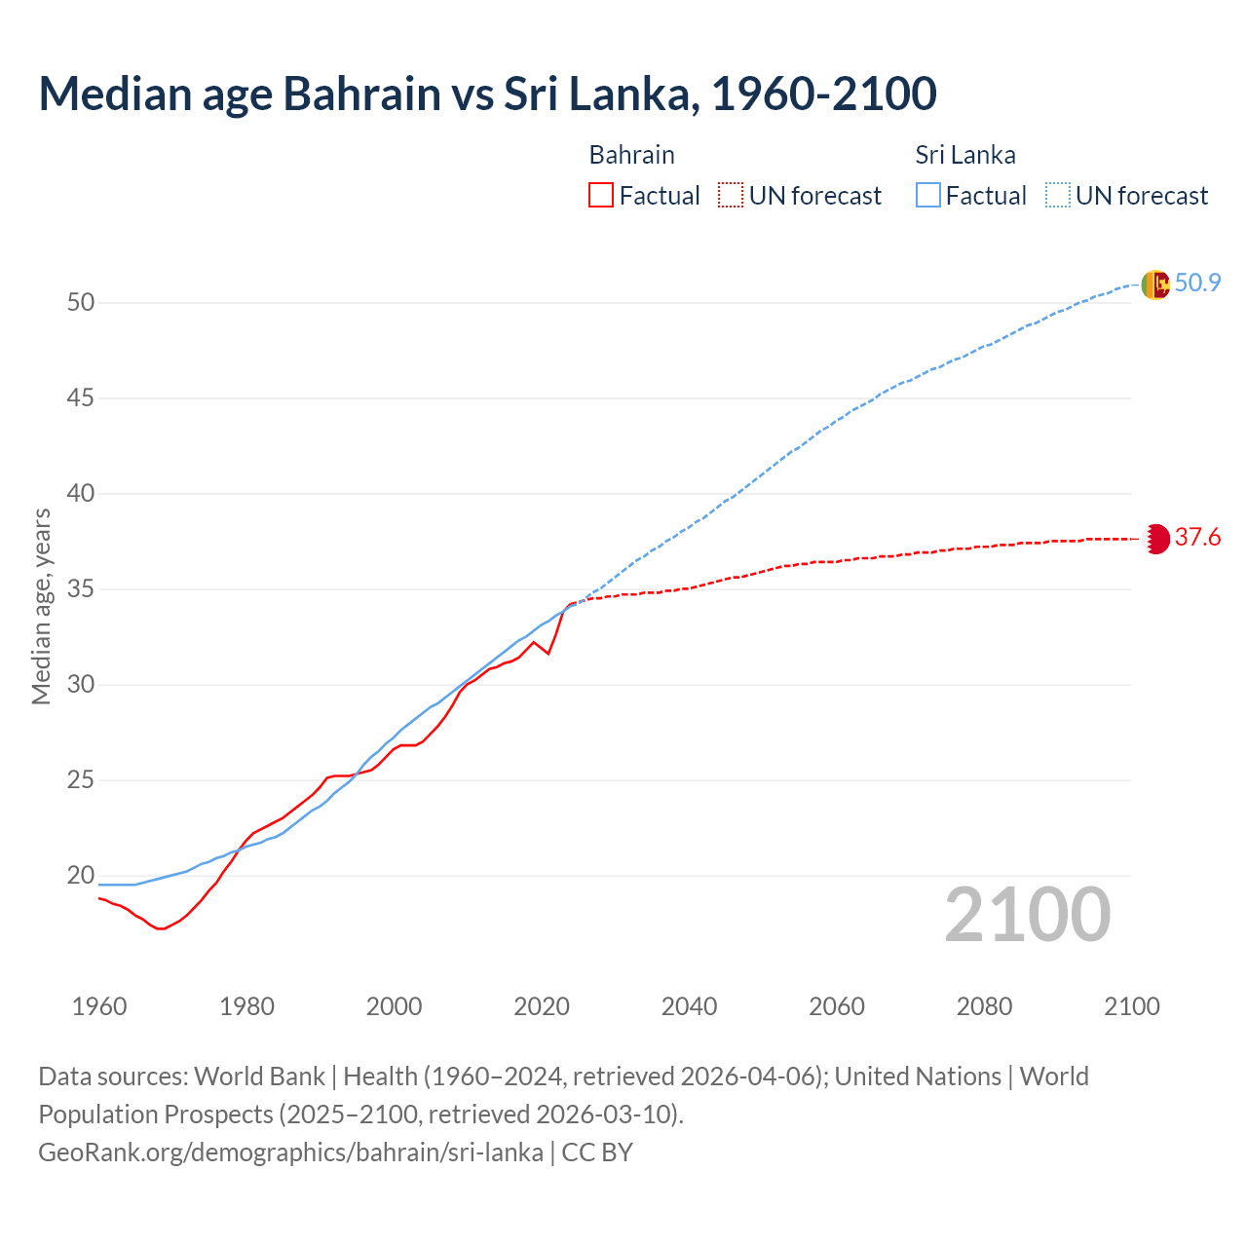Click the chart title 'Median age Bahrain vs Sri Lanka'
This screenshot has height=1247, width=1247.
[487, 94]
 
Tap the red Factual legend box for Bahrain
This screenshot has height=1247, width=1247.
[601, 196]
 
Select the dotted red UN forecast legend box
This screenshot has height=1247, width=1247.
[731, 196]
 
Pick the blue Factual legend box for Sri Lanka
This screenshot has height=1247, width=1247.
[928, 196]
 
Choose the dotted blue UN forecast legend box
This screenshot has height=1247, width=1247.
[1058, 196]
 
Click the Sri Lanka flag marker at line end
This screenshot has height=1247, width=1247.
[1154, 284]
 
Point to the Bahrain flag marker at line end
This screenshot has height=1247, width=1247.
[1155, 539]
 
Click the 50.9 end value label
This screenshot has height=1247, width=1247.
[1197, 283]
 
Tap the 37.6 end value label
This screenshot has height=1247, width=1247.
[1197, 538]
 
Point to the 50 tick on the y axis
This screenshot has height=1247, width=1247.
[81, 303]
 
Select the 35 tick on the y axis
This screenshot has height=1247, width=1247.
[81, 589]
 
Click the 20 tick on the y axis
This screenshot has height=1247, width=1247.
[81, 876]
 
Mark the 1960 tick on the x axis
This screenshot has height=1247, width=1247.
[99, 1006]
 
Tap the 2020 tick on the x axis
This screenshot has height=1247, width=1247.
[542, 1006]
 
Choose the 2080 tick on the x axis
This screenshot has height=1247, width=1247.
[984, 1006]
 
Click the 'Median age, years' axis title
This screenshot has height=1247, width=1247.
[41, 606]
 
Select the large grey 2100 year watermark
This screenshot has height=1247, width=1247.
[1028, 915]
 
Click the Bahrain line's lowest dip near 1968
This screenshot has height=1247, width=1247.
[161, 928]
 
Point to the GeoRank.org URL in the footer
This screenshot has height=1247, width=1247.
[290, 1153]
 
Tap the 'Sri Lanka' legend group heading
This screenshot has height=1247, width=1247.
[965, 155]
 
